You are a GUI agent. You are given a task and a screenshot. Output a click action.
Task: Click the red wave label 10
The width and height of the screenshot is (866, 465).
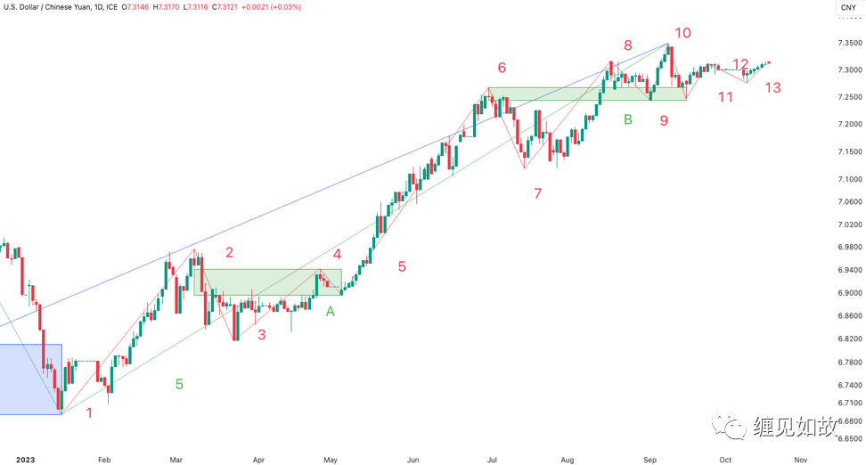coord(682,34)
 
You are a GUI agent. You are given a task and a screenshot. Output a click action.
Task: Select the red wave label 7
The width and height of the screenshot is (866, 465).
coord(537,193)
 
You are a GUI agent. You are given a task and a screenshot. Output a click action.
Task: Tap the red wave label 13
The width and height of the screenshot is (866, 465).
coord(772,87)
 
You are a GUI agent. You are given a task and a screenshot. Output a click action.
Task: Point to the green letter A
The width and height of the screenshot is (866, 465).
coord(331,312)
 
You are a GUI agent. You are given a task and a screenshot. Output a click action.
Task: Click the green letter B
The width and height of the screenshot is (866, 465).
coord(628,119)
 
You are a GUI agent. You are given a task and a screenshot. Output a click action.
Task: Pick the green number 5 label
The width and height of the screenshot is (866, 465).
coord(179,384)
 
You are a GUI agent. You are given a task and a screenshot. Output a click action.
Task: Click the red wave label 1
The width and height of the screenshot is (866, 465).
coord(88,412)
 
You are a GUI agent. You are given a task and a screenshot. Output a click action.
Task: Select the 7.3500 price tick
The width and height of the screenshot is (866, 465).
coord(849,43)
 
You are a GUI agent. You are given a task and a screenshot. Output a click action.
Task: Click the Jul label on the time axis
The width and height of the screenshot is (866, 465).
coord(492,459)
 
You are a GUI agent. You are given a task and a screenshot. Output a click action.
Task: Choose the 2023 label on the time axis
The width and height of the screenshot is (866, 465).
coord(25,459)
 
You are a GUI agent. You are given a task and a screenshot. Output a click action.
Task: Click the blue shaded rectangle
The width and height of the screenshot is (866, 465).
coord(30,379)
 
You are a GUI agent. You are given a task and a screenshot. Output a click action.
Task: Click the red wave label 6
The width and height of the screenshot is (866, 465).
coord(502,68)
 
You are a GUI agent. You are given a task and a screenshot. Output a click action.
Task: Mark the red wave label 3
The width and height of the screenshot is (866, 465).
coord(261,335)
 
